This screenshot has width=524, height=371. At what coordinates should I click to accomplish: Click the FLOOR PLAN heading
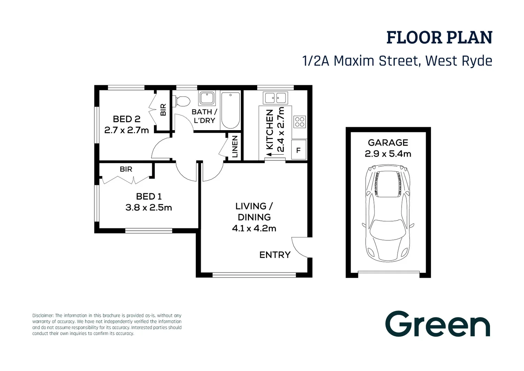[439, 37]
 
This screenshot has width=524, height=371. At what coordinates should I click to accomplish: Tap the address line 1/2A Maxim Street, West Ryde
[397, 61]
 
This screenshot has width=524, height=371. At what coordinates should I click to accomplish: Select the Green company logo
[437, 324]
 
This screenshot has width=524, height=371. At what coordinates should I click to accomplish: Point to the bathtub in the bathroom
[230, 110]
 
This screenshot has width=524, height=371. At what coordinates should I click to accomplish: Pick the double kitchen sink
[275, 98]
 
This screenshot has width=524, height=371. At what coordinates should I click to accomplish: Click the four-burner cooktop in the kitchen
[299, 122]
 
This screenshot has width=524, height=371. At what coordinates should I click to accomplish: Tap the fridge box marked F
[298, 150]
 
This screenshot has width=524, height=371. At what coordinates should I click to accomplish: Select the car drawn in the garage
[388, 213]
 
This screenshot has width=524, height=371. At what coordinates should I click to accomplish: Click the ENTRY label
[275, 255]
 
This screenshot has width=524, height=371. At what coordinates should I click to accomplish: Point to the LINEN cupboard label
[235, 147]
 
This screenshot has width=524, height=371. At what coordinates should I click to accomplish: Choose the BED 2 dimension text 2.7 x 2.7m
[126, 130]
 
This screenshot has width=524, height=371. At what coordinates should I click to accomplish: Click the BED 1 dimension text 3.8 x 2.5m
[148, 207]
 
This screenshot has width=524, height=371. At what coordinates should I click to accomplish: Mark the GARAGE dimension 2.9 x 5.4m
[388, 154]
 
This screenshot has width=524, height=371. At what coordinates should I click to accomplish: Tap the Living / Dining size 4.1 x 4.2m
[254, 228]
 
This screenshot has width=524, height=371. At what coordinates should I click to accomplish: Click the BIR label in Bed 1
[126, 169]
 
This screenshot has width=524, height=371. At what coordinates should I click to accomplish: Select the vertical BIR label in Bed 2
[163, 110]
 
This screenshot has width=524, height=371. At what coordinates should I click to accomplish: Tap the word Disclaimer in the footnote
[43, 315]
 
